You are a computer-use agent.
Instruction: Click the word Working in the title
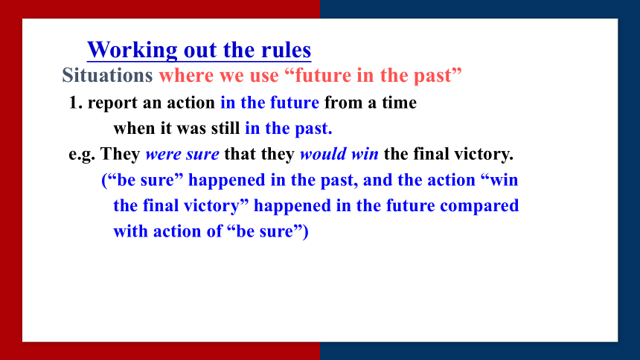(132, 51)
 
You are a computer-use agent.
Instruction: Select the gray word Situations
(107, 76)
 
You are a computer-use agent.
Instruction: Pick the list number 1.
(76, 103)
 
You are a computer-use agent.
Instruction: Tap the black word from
(343, 103)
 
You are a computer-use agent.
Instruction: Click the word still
(225, 128)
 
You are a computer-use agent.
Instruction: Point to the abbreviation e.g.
(82, 155)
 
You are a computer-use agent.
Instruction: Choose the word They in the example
(120, 154)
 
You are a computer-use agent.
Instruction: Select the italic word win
(365, 154)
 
